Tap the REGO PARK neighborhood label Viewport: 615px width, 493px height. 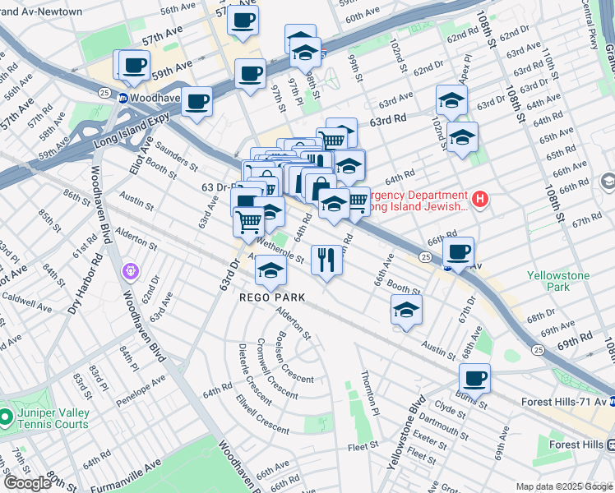pos(272,297)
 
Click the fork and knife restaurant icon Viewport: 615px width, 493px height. pos(326,260)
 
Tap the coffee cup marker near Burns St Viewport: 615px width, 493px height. pos(474,379)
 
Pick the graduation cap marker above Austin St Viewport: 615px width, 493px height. pos(406,311)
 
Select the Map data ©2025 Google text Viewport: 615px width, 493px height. pos(563,486)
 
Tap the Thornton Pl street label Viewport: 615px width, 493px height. pos(369,392)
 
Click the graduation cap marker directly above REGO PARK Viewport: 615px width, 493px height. pos(271,270)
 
